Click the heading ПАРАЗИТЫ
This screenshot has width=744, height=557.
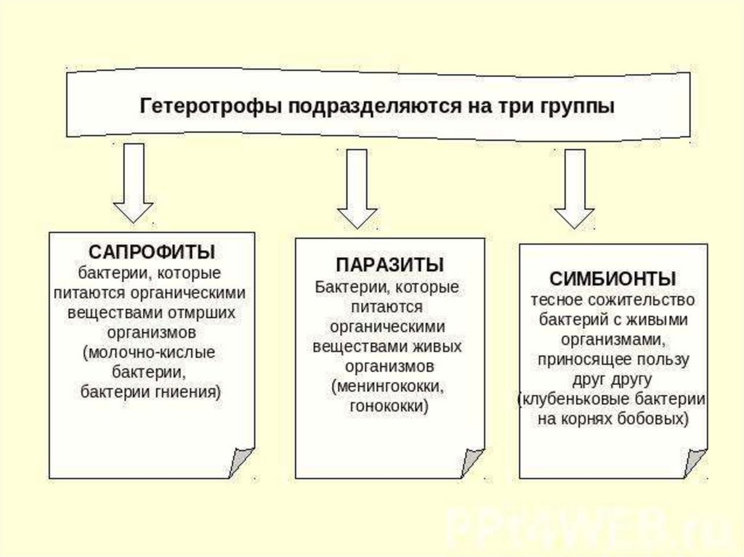(389, 264)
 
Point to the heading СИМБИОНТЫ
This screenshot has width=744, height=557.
(613, 278)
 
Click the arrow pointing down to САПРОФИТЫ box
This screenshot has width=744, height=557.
(133, 182)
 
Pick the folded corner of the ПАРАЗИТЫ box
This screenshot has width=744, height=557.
(472, 462)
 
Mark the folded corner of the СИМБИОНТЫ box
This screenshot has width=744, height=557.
(694, 462)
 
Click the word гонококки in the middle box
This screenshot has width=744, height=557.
(389, 406)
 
